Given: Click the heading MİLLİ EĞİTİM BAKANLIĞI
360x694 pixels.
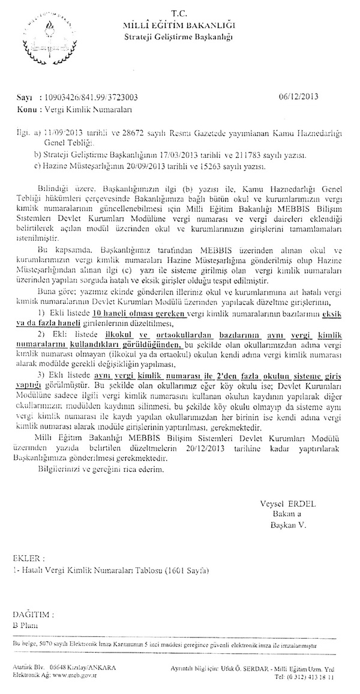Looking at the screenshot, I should click(179, 25).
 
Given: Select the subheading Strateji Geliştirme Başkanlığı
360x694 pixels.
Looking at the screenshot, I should click(179, 37).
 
